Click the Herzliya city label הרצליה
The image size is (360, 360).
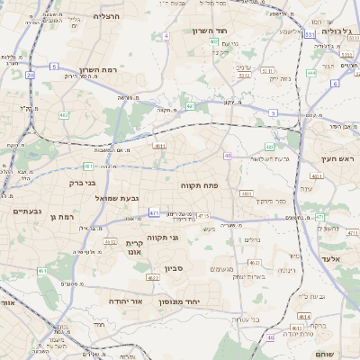109,16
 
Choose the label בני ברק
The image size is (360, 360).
81,183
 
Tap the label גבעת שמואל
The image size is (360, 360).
141,197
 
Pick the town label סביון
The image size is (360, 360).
174,268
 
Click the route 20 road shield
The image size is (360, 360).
30,75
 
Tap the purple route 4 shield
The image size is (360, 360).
166,36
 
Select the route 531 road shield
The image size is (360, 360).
309,35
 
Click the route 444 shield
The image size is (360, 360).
311,73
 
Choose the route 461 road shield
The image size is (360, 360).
42,270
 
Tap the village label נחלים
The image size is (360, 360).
252,240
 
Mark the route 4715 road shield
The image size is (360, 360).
203,216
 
